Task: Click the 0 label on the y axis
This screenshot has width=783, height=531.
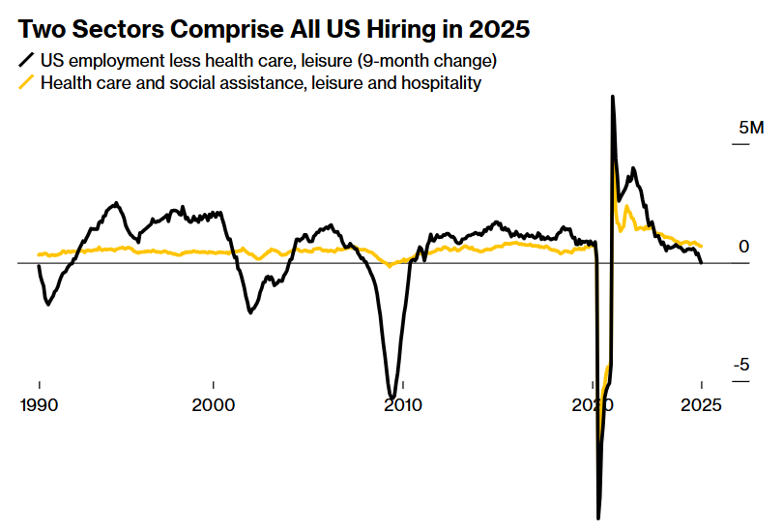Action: [x=743, y=248]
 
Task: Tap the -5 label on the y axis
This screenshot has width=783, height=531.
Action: [x=740, y=365]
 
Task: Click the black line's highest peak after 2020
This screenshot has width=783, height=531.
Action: [x=612, y=97]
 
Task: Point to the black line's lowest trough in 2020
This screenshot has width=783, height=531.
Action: [x=598, y=518]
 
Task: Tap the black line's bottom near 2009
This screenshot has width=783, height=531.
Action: [x=391, y=396]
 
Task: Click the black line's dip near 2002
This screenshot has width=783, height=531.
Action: [x=250, y=311]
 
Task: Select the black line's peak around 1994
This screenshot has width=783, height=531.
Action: [x=117, y=203]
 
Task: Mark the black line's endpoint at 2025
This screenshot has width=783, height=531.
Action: [x=701, y=262]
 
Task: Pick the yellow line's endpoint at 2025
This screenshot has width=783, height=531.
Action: [x=701, y=247]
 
